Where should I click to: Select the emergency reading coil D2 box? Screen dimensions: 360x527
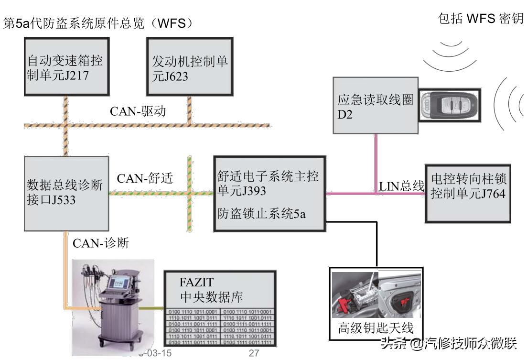point(376,106)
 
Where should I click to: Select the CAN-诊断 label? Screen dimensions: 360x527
point(101,243)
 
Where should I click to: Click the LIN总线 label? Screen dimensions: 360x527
point(401,186)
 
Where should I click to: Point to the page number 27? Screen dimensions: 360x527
point(254,353)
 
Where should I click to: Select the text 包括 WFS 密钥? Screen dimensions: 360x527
point(480,20)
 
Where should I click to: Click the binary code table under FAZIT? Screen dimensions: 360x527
point(220,327)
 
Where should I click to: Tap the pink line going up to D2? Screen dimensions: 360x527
point(376,163)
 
